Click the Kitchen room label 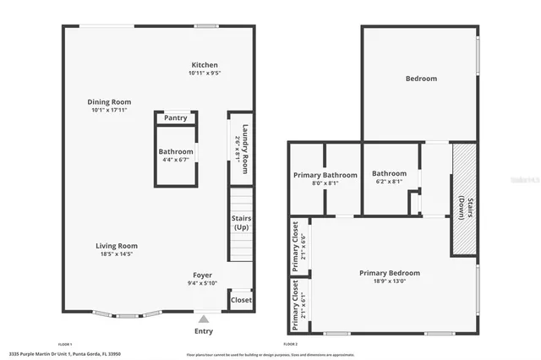[x=205, y=65]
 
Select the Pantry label [x=176, y=117]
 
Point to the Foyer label [x=202, y=275]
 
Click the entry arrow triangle [x=203, y=319]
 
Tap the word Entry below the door [x=204, y=331]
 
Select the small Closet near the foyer [x=241, y=300]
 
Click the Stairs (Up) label [x=241, y=223]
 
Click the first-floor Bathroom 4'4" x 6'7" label [x=176, y=155]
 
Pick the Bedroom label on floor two [x=421, y=79]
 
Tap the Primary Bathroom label [x=325, y=175]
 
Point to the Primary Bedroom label [x=389, y=273]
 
